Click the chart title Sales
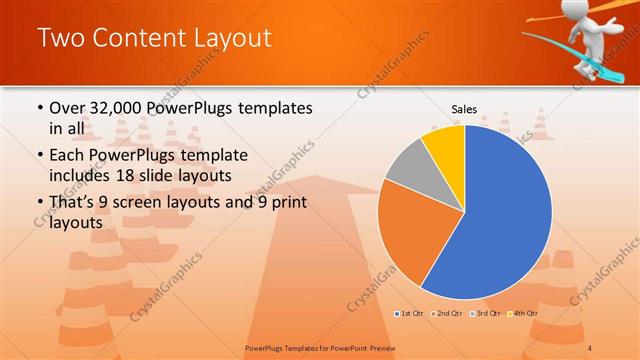[464, 109]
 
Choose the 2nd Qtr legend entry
[445, 314]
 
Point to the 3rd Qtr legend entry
[487, 314]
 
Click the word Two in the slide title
[61, 39]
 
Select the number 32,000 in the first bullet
[118, 108]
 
